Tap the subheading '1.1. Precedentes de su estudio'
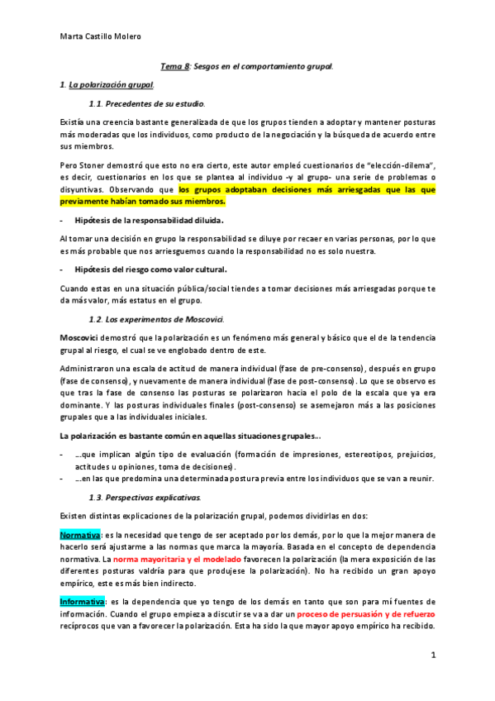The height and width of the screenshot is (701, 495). [146, 103]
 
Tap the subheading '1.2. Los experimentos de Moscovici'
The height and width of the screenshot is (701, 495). [157, 319]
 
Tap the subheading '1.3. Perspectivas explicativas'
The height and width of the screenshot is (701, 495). [145, 496]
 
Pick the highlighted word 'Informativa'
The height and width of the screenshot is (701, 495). [82, 600]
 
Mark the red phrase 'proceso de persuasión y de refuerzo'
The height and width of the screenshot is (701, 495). [366, 615]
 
